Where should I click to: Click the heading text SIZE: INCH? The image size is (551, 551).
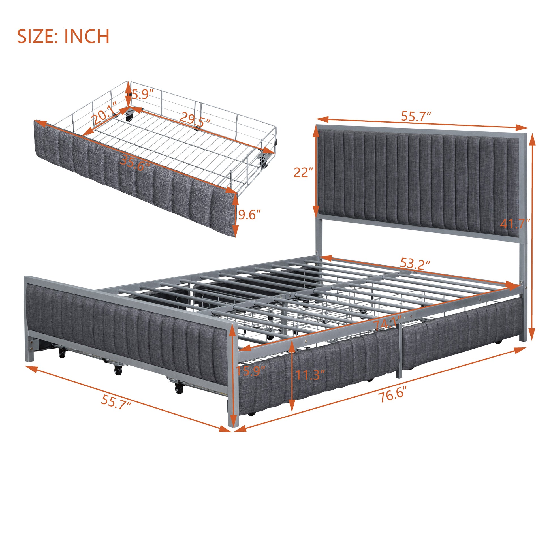click(x=63, y=36)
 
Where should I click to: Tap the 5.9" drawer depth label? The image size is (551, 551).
click(x=142, y=94)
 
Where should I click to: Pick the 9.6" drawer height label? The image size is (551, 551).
click(x=249, y=214)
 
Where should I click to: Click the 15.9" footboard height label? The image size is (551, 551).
click(x=250, y=371)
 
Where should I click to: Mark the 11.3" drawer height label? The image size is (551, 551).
click(x=310, y=375)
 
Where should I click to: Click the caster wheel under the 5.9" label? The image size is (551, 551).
click(x=129, y=116)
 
